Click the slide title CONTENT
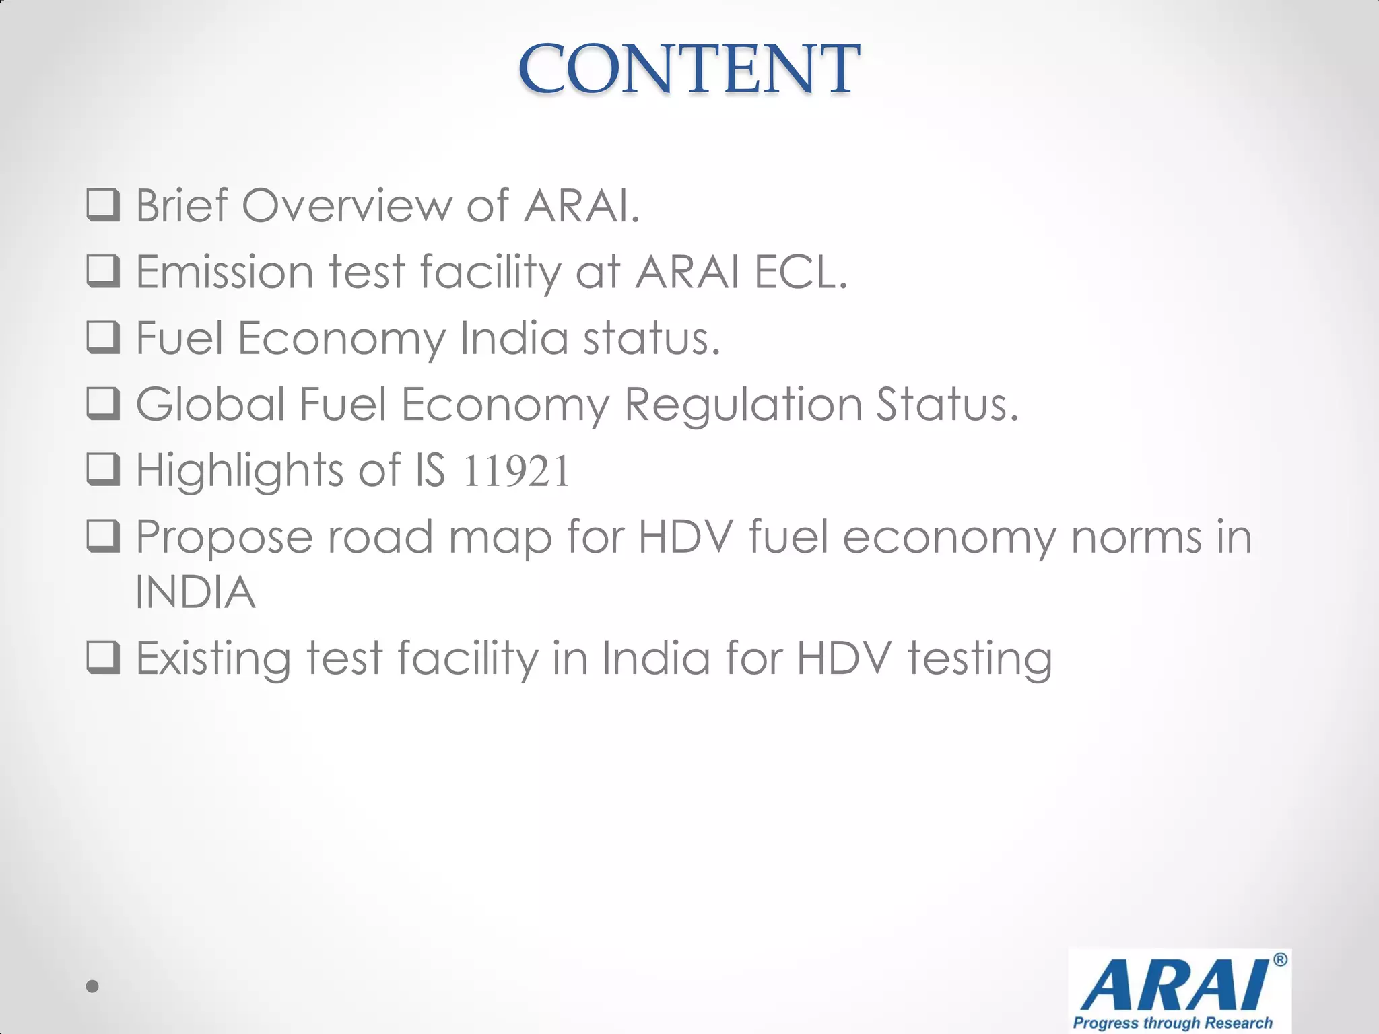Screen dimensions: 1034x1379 [688, 69]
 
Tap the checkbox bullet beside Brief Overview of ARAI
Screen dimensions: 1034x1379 [104, 205]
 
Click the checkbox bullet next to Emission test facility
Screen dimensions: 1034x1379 [104, 271]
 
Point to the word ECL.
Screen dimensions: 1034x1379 [801, 271]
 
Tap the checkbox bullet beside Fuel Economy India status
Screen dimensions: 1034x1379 [104, 337]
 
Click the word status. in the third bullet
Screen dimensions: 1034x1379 [651, 337]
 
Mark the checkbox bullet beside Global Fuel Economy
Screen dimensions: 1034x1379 [104, 404]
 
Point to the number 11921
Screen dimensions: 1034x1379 [516, 471]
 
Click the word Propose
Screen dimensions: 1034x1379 [224, 537]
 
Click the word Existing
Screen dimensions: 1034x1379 [213, 658]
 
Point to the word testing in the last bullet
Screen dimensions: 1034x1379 [980, 658]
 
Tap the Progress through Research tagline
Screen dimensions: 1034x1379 [1172, 1023]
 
